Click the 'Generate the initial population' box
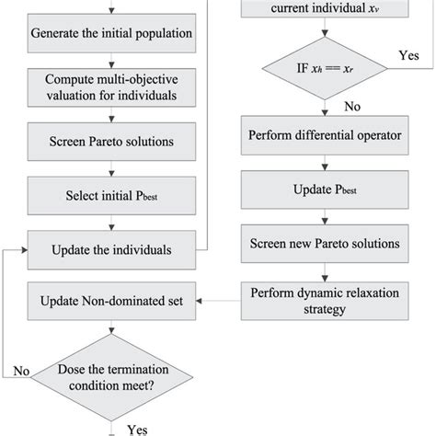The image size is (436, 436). [x=111, y=34]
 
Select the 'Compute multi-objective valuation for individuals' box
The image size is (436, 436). [x=111, y=87]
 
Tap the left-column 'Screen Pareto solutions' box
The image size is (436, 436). [x=111, y=142]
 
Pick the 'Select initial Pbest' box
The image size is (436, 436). [x=111, y=195]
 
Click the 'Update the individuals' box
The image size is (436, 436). [x=111, y=248]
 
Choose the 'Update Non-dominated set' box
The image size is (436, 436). [x=111, y=301]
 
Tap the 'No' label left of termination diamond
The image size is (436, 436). [x=23, y=371]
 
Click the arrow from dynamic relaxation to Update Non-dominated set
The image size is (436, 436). [x=221, y=301]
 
